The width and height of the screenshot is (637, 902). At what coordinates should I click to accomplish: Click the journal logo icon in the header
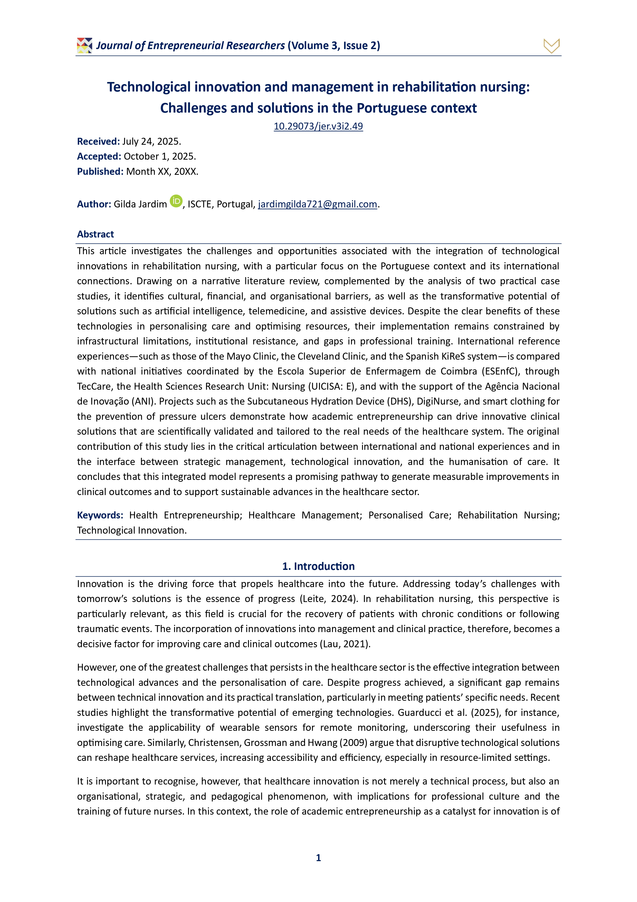(x=84, y=45)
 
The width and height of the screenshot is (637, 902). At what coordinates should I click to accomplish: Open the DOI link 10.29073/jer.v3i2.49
(x=318, y=126)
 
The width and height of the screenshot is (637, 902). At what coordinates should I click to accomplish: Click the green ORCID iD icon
(x=176, y=201)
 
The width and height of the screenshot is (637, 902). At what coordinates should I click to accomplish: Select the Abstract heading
(x=95, y=234)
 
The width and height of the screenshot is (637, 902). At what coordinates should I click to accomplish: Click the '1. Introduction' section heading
(x=318, y=566)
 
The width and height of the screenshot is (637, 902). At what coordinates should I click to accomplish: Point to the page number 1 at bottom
(x=318, y=858)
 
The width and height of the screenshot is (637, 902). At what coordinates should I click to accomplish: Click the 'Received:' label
(x=98, y=141)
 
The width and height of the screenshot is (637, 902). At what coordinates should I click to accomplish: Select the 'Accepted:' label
(x=99, y=156)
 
